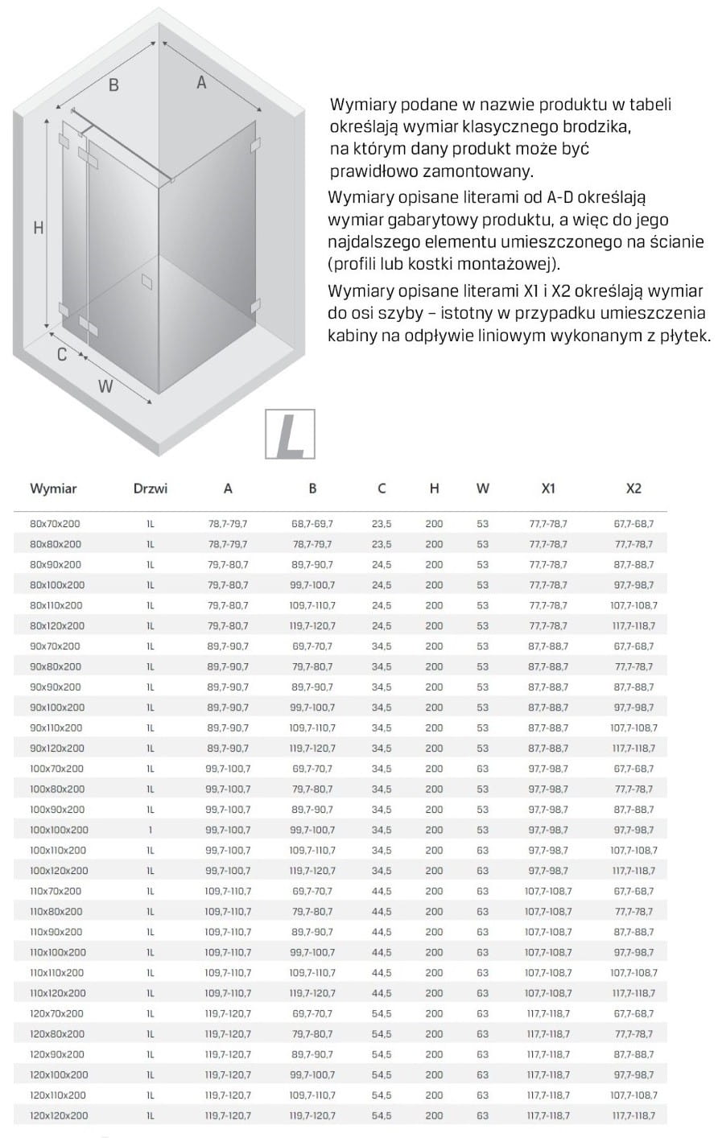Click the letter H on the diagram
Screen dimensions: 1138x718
[38, 228]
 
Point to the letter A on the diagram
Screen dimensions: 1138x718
[201, 81]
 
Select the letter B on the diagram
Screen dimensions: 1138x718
[113, 85]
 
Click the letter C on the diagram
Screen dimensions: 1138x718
[62, 353]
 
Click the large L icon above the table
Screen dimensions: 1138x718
[290, 435]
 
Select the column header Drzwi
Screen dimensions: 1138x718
[151, 488]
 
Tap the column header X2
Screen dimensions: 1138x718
[633, 488]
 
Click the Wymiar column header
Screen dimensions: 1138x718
[53, 488]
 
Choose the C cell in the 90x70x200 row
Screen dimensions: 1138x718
[382, 646]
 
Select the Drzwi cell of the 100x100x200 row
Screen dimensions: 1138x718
[151, 830]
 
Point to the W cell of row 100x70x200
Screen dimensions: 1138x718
[482, 769]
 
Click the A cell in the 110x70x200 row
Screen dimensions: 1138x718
[229, 891]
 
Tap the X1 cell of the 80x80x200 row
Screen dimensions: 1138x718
[548, 544]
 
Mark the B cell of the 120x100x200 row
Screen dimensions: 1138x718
[312, 1074]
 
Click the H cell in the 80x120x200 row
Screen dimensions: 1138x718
[434, 625]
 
